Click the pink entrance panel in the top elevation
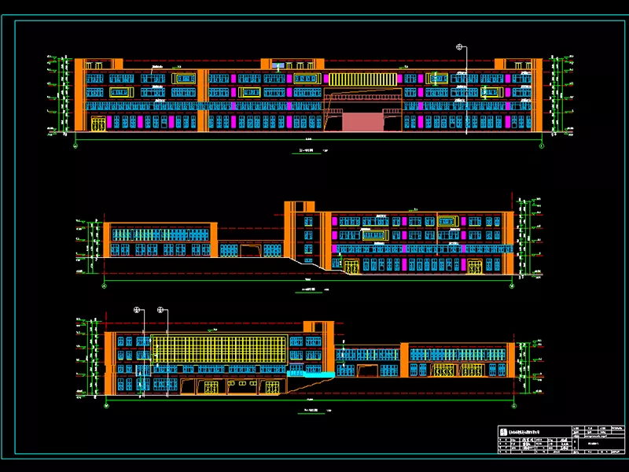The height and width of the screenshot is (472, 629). pyautogui.click(x=362, y=121)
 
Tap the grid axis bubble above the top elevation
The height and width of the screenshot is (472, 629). pyautogui.click(x=460, y=47)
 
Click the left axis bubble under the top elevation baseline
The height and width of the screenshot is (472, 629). pyautogui.click(x=75, y=144)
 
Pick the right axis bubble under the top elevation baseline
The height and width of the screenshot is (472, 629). pyautogui.click(x=542, y=144)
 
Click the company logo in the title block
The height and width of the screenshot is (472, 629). pyautogui.click(x=505, y=430)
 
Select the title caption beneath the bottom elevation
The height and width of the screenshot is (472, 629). pyautogui.click(x=305, y=411)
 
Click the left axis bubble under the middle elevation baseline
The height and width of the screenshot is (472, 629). pyautogui.click(x=104, y=285)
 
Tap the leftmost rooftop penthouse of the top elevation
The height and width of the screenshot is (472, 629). pyautogui.click(x=99, y=64)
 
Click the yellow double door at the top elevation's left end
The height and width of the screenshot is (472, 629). pyautogui.click(x=98, y=124)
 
